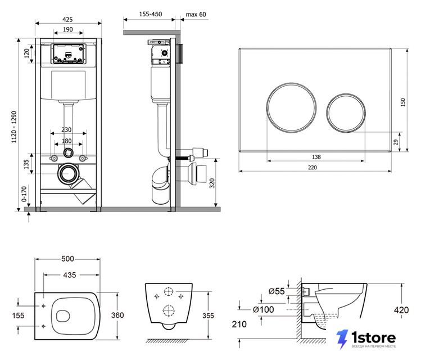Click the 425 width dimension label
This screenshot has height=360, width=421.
tap(67, 19)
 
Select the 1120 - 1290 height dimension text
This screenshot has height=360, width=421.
tap(14, 127)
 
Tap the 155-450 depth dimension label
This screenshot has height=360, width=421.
tap(151, 14)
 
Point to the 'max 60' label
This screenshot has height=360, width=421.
tap(196, 14)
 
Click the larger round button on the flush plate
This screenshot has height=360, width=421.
tap(291, 108)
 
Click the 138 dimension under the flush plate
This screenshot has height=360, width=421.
tap(316, 157)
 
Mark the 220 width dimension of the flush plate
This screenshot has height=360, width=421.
tap(313, 168)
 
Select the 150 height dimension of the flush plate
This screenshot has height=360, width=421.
tap(403, 102)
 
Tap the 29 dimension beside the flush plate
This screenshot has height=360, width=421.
tap(396, 142)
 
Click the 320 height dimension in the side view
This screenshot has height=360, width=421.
tap(212, 183)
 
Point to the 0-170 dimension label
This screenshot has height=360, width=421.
tap(24, 194)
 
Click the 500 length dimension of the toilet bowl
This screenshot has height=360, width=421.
tap(67, 258)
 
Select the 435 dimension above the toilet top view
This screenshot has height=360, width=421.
tap(70, 275)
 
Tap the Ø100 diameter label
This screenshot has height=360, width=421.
tap(264, 309)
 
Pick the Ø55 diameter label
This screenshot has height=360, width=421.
tap(277, 291)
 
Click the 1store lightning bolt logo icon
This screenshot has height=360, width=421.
tap(343, 339)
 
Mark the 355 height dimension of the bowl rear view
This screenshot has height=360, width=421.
tap(208, 316)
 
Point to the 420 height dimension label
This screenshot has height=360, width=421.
tap(401, 310)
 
